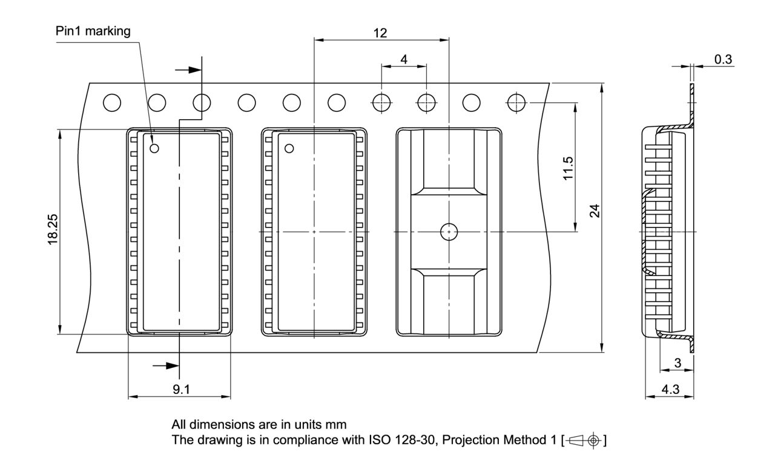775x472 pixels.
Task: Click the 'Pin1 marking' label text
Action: click(x=93, y=31)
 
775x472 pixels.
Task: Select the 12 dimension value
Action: click(x=380, y=33)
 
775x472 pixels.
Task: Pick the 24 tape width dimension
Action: click(x=595, y=211)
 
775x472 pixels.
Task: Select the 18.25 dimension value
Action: click(x=53, y=231)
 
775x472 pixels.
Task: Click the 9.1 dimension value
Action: click(x=180, y=389)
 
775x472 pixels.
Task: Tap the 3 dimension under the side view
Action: click(x=678, y=362)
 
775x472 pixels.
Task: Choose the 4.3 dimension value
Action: click(x=669, y=390)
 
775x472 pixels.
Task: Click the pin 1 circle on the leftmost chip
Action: click(x=154, y=148)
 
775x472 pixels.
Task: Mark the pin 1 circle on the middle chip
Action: click(x=289, y=148)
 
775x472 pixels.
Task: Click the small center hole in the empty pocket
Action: click(x=448, y=231)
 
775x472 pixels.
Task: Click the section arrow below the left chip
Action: click(x=166, y=365)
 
